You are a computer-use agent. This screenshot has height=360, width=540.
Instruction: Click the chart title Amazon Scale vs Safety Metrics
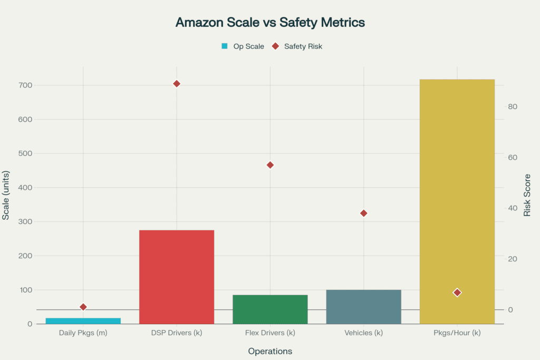click(270, 23)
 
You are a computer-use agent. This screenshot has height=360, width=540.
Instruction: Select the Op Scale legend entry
click(243, 46)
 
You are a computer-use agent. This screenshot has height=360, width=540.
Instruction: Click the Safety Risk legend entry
click(297, 46)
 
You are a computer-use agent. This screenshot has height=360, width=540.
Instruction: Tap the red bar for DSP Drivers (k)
click(177, 277)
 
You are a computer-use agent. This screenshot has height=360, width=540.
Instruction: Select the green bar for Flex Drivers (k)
click(270, 309)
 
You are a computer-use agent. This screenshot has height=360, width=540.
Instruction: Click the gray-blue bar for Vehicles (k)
click(363, 307)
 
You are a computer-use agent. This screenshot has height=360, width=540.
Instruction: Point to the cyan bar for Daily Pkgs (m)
click(83, 321)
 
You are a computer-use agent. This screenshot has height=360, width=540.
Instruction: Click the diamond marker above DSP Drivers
click(177, 84)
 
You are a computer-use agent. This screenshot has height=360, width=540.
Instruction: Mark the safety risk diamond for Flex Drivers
click(270, 165)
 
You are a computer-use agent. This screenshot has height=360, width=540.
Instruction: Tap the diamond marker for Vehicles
click(363, 213)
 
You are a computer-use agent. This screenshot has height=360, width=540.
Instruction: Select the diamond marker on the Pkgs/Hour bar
click(457, 293)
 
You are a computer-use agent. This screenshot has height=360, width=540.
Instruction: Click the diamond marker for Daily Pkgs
click(83, 307)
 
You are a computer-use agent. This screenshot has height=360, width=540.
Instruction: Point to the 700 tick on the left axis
click(25, 85)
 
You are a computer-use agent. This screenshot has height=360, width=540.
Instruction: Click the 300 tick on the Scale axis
click(25, 222)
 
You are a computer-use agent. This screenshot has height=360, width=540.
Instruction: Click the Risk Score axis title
click(527, 195)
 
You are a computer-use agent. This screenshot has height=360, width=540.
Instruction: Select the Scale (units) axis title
click(6, 195)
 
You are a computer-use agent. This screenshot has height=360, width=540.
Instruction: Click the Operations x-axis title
click(270, 351)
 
